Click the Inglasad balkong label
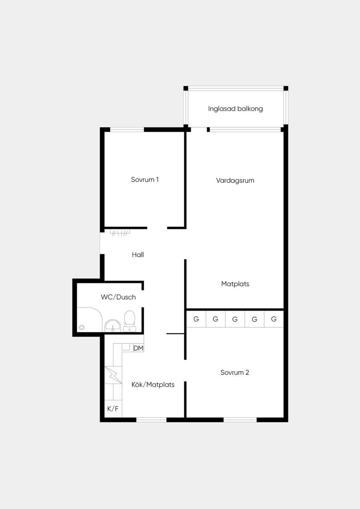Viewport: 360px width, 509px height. coord(235,109)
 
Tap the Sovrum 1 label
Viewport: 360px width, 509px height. coord(145,180)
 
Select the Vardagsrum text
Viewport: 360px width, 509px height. coord(235,180)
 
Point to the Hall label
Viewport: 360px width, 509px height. coord(138,254)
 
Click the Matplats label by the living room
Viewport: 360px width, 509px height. coord(235,284)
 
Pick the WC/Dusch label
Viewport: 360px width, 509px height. coord(118,297)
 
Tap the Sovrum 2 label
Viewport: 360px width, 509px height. coord(234,372)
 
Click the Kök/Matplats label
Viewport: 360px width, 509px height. coord(153,385)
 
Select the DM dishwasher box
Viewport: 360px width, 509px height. coord(139,348)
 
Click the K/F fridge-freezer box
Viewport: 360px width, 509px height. coord(113,409)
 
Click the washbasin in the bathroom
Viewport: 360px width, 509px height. coord(113,326)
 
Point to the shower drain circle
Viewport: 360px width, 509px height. coord(82,328)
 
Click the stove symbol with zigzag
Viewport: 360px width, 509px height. coord(113,375)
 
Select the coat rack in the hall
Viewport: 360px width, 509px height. coord(120,233)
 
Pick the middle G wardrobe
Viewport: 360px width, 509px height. coord(235,319)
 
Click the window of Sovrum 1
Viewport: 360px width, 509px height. coord(127,130)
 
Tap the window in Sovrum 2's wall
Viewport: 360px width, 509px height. coord(240,420)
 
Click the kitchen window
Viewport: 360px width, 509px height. coord(152,420)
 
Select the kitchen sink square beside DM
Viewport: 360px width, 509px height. coord(126,347)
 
